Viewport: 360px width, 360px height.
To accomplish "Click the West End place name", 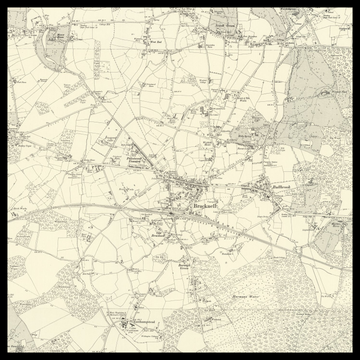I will [156, 43].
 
